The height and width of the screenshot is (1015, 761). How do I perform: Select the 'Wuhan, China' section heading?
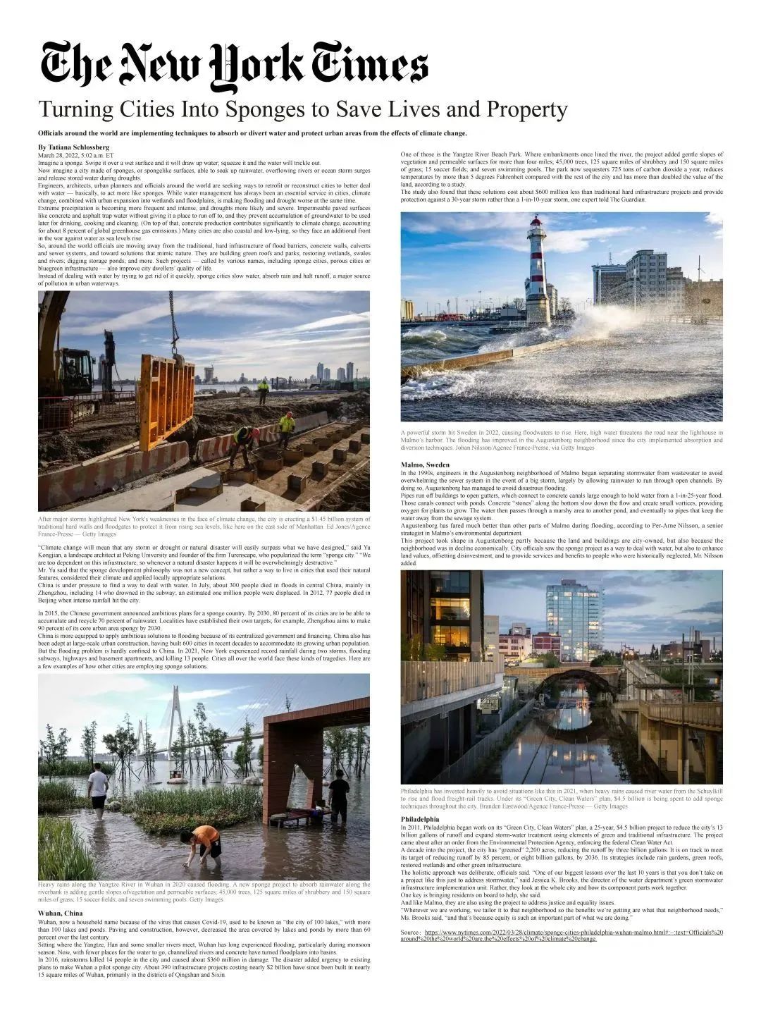coord(60,914)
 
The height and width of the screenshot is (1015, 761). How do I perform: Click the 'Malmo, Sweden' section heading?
coord(425,465)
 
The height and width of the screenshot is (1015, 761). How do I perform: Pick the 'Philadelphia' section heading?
coord(420,819)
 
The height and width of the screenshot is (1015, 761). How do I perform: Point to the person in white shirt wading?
coord(98,787)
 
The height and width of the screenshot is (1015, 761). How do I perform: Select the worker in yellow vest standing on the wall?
coord(263,390)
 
